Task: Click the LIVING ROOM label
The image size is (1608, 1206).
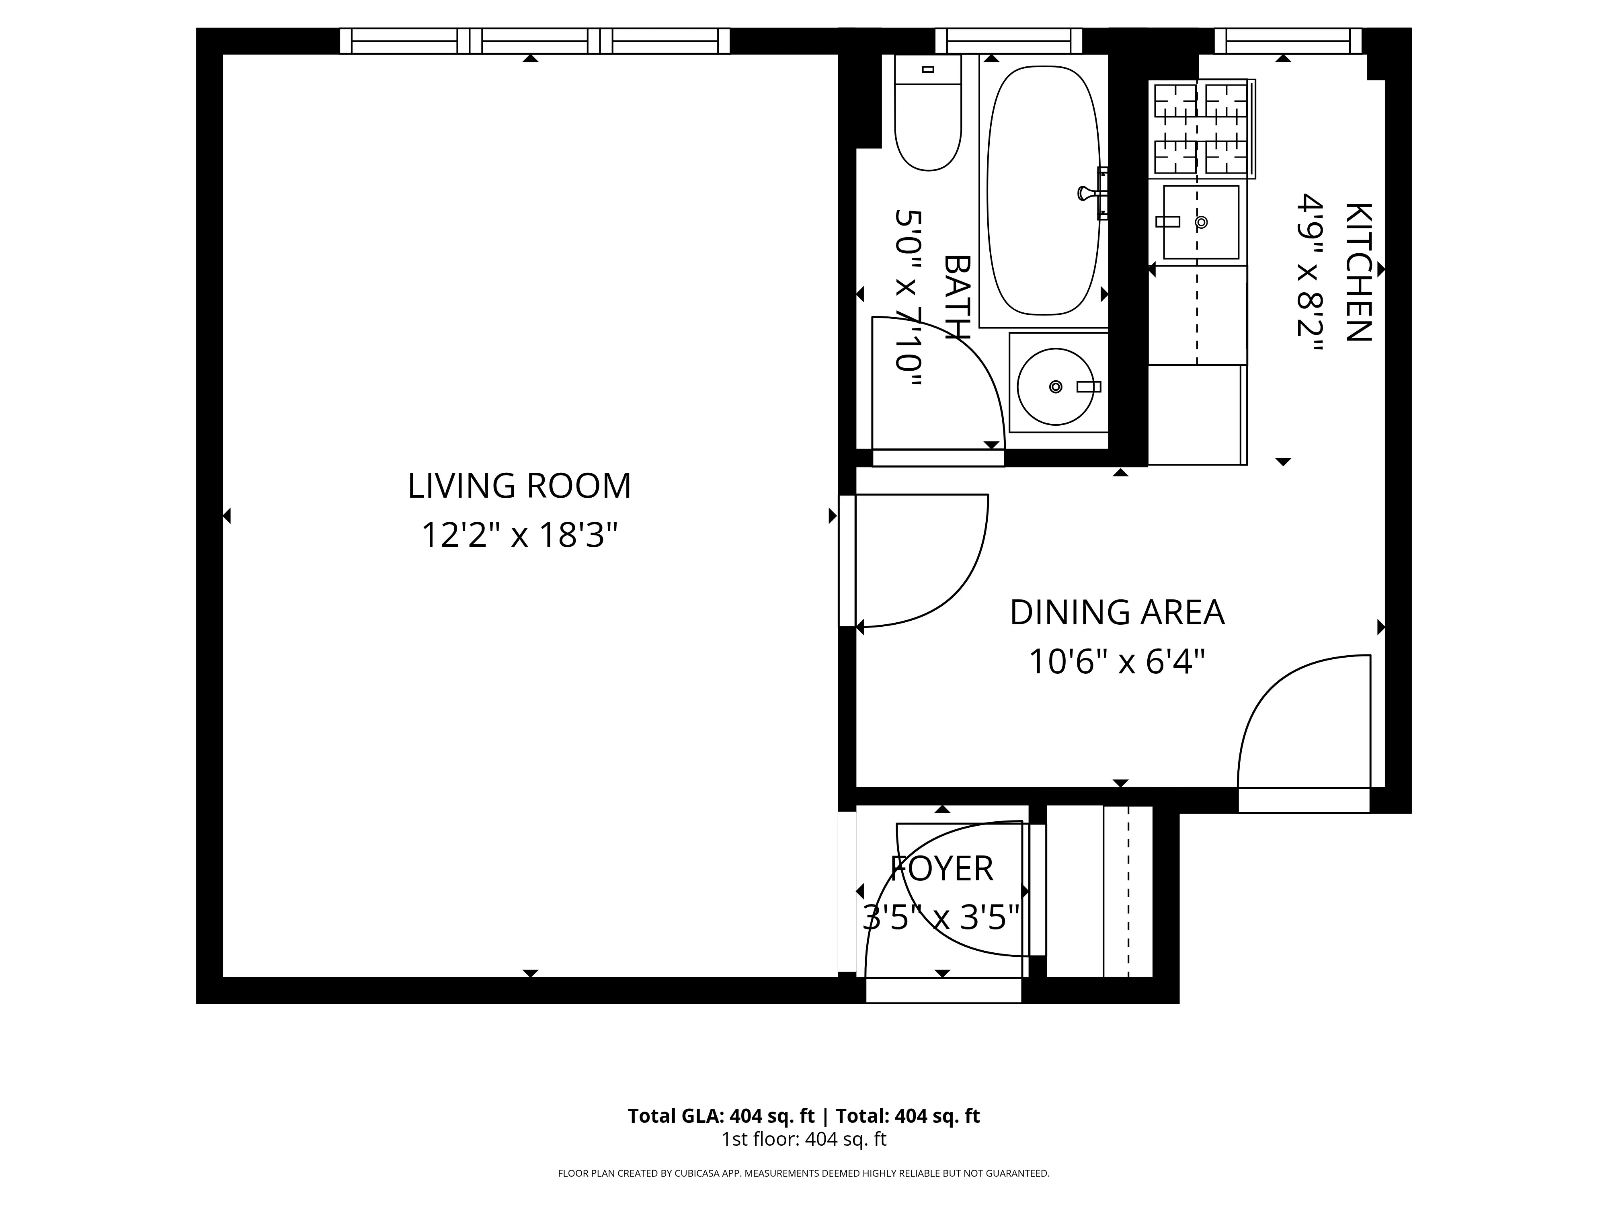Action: (x=519, y=486)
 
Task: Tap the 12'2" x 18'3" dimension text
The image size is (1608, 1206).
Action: (x=519, y=536)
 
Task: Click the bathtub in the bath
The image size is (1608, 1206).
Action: (x=1043, y=191)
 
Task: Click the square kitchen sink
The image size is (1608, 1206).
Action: (x=1200, y=222)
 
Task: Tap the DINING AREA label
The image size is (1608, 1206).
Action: (x=1117, y=612)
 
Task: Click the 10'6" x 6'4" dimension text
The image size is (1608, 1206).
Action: (x=1117, y=662)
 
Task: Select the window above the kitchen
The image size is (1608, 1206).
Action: (x=1288, y=41)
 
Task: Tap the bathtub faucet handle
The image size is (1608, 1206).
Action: (x=1087, y=193)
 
